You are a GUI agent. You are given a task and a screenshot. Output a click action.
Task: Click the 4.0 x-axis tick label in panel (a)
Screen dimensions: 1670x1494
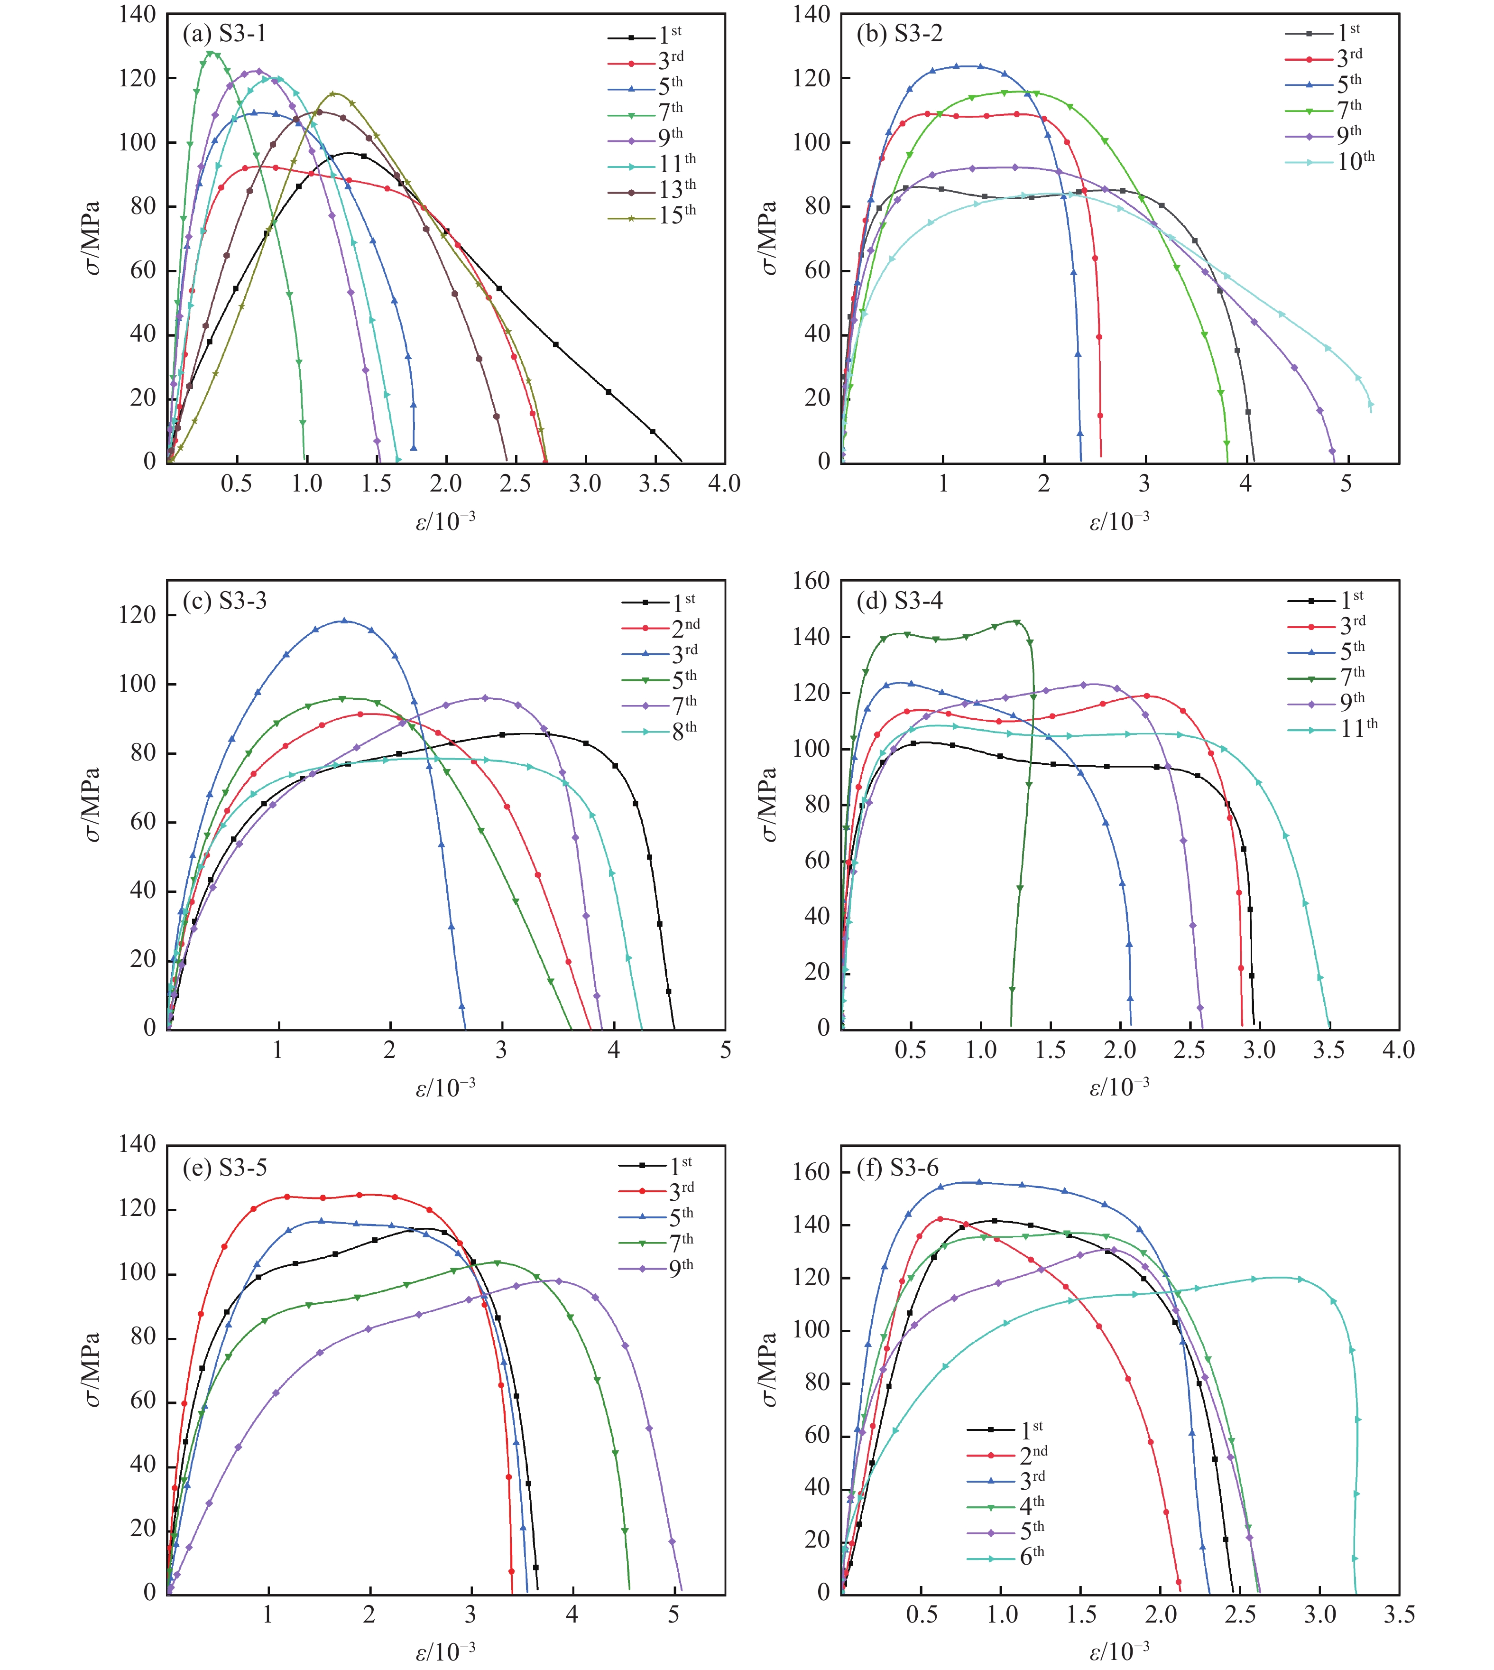click(724, 483)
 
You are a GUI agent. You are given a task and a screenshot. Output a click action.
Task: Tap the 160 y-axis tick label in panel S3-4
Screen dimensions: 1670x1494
click(811, 581)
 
